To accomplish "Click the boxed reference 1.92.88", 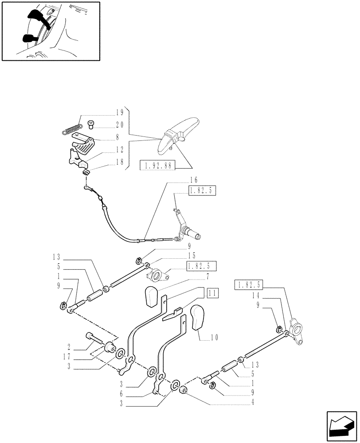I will pos(157,166).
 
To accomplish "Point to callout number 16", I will pos(193,181).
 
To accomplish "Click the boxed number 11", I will pos(211,292).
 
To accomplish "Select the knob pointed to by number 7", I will pos(151,296).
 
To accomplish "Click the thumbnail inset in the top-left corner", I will pos(50,30).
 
